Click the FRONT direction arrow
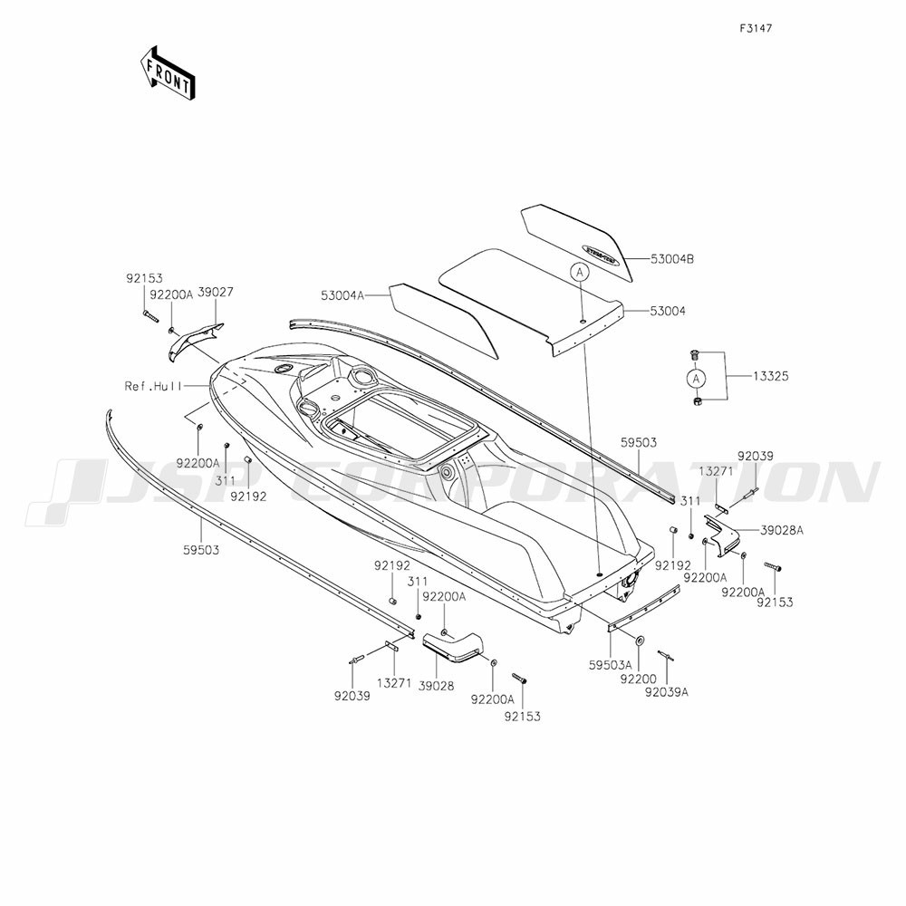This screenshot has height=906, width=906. click(168, 72)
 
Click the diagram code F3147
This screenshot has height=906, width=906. click(756, 28)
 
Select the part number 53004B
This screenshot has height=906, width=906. click(672, 259)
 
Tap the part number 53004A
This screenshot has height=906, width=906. click(342, 296)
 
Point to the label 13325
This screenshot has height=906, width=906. click(771, 376)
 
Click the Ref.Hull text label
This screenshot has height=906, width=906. click(152, 385)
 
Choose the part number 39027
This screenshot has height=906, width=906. click(216, 293)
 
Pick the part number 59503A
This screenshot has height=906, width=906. click(610, 666)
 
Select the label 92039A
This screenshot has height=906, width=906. click(667, 692)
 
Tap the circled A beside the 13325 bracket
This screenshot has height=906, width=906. click(696, 379)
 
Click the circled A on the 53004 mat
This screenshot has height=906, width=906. click(581, 272)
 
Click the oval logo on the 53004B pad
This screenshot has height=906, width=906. click(594, 255)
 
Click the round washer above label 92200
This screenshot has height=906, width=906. click(640, 641)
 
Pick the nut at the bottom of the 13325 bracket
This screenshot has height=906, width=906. click(697, 400)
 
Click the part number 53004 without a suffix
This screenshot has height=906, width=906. click(668, 312)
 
